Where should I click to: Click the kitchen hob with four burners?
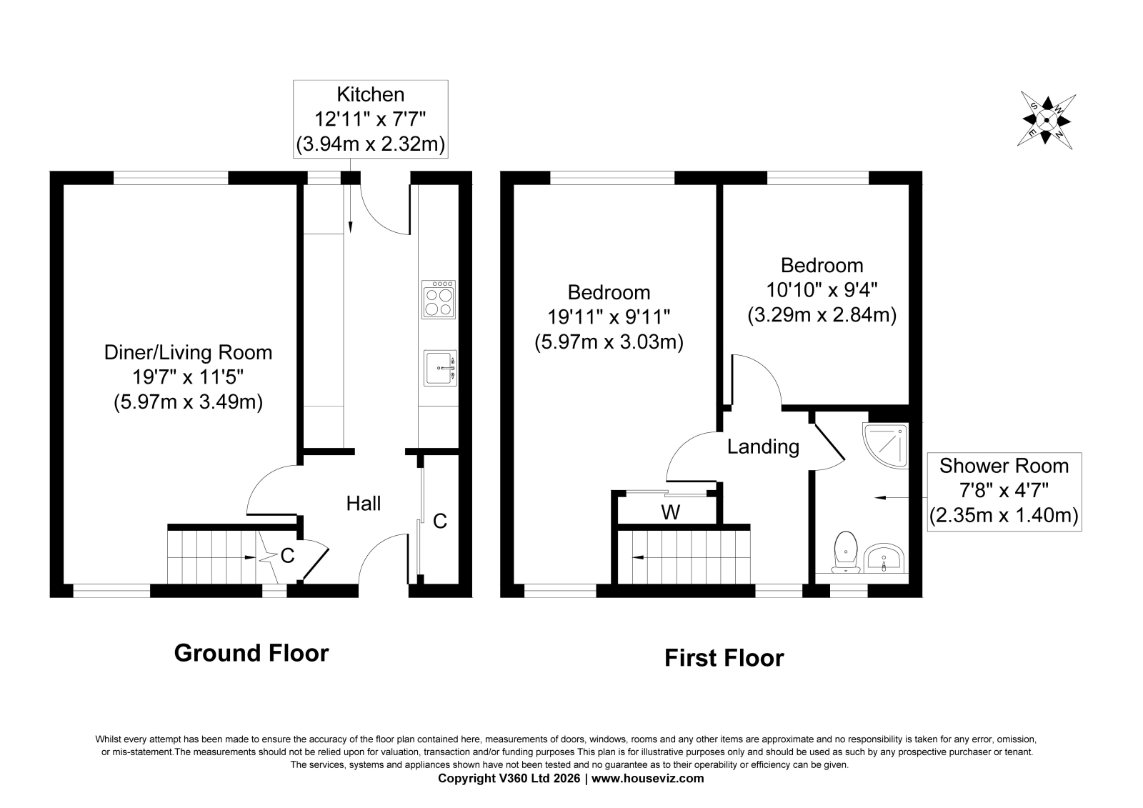point(439,299)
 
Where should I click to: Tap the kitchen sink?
point(440,368)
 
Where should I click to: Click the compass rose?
point(1046,121)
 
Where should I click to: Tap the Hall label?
point(364,504)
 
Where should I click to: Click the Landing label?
point(763,447)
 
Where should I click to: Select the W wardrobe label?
point(671,512)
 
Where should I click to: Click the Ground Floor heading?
point(251,654)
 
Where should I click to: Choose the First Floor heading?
point(724,658)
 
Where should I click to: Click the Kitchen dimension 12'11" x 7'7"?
point(370,119)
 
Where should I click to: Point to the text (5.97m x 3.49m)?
point(189,402)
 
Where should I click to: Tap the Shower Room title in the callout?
point(1004,466)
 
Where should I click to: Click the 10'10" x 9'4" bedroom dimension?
point(822,291)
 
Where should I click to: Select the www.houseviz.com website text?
point(647,779)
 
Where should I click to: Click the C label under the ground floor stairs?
point(287,557)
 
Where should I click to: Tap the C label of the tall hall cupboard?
point(440,521)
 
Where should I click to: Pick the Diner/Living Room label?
point(189,353)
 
